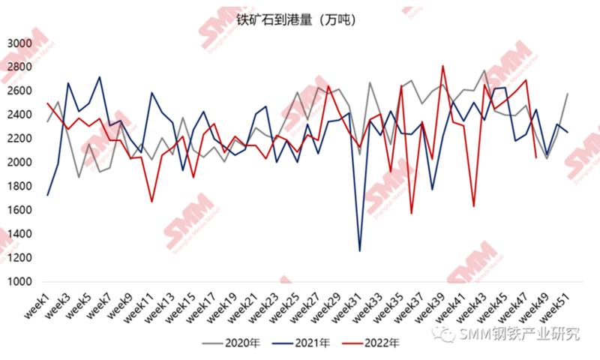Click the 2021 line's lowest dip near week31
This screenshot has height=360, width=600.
360,250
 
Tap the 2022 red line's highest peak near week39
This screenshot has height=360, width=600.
442,66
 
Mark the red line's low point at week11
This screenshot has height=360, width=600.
151,202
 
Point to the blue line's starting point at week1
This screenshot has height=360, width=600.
48,195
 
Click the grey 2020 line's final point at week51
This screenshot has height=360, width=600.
567,94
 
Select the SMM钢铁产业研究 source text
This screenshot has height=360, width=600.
517,334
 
